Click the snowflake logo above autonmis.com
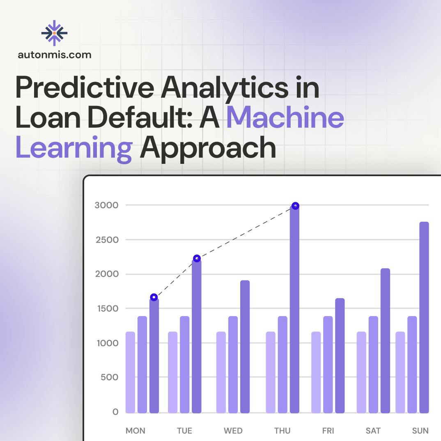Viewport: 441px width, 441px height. (x=54, y=32)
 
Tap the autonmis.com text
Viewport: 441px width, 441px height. (x=55, y=54)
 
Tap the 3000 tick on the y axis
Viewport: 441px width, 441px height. (x=106, y=205)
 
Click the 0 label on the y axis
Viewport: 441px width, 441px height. (x=115, y=412)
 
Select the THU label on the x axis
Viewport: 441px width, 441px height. (x=282, y=431)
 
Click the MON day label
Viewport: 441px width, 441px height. (x=135, y=431)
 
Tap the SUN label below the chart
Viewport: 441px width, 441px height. (x=420, y=431)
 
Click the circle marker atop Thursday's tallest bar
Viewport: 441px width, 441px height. (x=295, y=206)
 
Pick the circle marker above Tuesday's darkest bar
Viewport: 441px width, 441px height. (x=197, y=258)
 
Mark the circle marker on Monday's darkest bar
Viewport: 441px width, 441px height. (x=154, y=297)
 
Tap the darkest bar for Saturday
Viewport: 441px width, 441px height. (x=385, y=341)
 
